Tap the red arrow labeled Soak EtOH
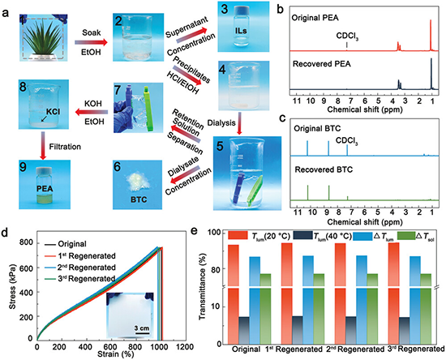(x=91, y=43)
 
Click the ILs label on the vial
(x=241, y=31)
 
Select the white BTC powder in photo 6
(x=136, y=182)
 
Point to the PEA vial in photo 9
(x=45, y=185)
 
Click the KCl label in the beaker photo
(x=53, y=112)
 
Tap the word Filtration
(x=65, y=147)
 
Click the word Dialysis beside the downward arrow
(x=221, y=123)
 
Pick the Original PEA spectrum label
(x=315, y=18)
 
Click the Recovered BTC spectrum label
(x=324, y=169)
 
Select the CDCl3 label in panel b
(x=347, y=36)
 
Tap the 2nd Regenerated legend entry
(x=80, y=268)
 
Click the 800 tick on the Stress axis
(x=26, y=242)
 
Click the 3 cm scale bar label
(x=142, y=328)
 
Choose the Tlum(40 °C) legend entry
(x=323, y=236)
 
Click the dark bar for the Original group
(x=244, y=330)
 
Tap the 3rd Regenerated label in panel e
(x=417, y=349)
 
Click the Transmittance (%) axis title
(x=203, y=289)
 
